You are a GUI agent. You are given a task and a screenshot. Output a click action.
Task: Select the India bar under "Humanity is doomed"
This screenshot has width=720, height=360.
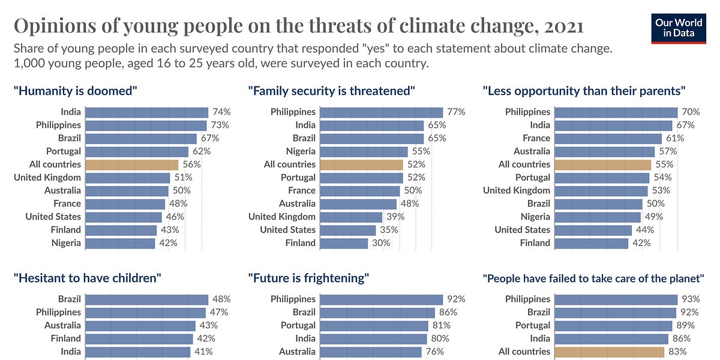(x=146, y=112)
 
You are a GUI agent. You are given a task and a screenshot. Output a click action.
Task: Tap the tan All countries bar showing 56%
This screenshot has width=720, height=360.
(x=132, y=164)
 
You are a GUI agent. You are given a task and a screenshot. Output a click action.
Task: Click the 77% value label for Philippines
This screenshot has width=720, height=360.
(x=455, y=112)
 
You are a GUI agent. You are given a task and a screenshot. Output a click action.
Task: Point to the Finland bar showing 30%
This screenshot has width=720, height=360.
(x=344, y=243)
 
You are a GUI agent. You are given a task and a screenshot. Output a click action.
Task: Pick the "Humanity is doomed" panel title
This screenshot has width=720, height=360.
(x=76, y=91)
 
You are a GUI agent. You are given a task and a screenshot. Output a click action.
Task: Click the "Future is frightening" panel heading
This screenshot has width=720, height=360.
(x=308, y=278)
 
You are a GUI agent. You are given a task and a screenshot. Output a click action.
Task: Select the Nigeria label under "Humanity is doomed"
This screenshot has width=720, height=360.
(x=66, y=243)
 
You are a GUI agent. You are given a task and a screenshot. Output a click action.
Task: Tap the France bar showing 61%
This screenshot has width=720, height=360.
(x=608, y=138)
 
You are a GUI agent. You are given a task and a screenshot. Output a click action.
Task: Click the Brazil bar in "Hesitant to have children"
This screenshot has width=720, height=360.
(x=146, y=299)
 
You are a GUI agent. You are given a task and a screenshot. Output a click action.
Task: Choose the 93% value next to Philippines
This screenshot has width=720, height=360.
(x=690, y=299)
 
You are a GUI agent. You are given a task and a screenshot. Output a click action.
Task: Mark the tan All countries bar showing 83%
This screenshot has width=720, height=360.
(x=610, y=352)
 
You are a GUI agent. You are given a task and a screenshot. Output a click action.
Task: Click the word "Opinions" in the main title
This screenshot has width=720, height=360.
(x=52, y=26)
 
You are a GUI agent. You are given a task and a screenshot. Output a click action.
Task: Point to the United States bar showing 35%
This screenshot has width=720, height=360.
(x=348, y=230)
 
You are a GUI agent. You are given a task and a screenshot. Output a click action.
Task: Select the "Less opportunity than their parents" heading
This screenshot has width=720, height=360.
(x=584, y=91)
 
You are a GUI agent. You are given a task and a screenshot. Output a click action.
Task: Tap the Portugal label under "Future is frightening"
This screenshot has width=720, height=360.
(x=298, y=325)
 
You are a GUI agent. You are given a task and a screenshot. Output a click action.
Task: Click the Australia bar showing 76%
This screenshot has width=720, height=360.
(x=371, y=352)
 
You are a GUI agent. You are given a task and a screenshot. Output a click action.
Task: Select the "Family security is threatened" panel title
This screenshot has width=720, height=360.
(x=332, y=91)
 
